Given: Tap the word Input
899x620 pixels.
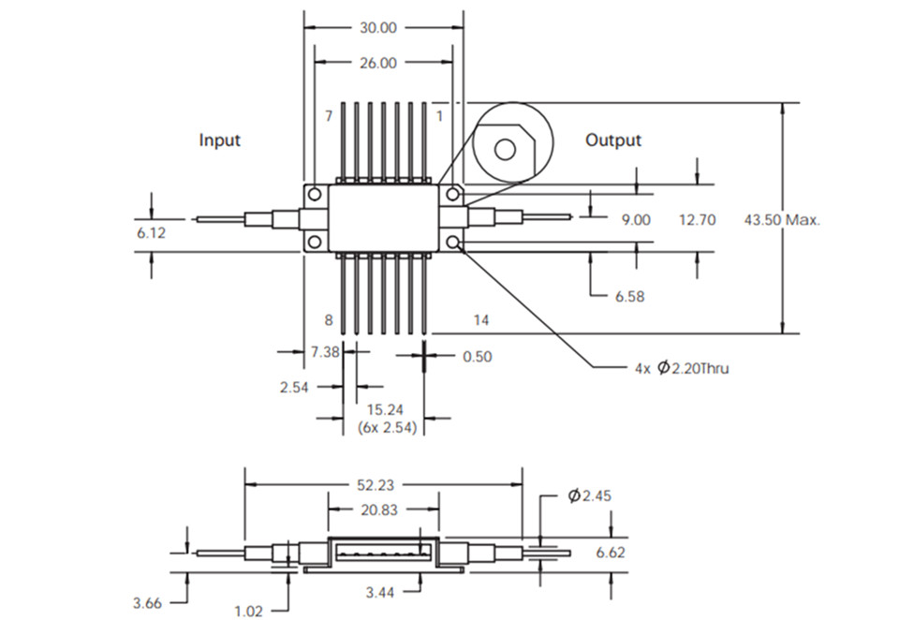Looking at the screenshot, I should coord(220,140).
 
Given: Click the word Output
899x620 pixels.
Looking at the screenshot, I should coord(613,140).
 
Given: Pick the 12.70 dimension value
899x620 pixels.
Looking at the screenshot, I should coord(695,220).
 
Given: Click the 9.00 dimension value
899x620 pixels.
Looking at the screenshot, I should coord(635,220).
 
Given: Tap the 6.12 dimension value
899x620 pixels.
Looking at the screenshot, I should coord(151,232).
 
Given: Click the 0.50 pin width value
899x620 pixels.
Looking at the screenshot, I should coord(477,356).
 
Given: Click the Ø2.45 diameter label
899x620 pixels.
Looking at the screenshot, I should coord(588,496).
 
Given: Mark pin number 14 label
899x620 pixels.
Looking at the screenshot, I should coord(480,320).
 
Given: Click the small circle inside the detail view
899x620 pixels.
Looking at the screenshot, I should coord(504,148).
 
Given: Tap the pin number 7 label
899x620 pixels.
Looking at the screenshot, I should coord(329,116).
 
